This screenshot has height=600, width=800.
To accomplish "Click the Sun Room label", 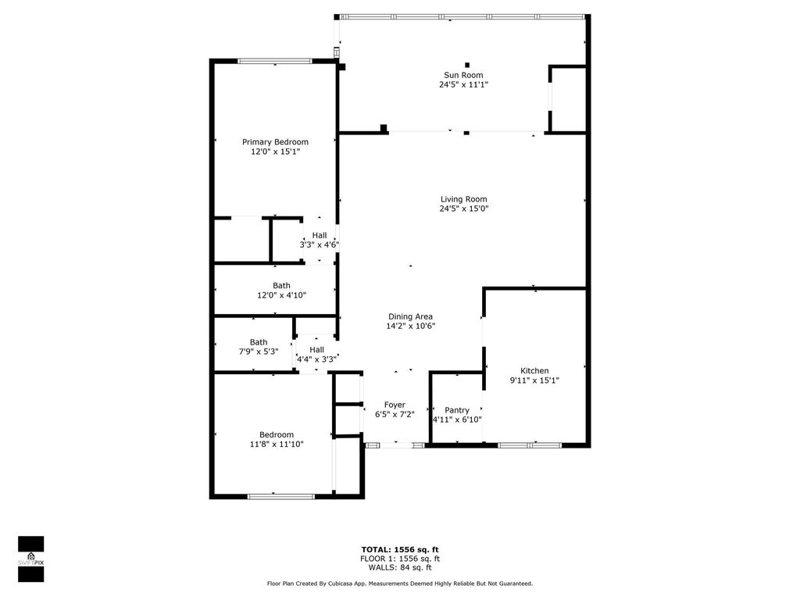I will [463, 75].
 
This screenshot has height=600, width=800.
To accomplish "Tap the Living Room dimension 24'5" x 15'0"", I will [463, 209].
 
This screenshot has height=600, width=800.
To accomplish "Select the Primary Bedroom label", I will [275, 142].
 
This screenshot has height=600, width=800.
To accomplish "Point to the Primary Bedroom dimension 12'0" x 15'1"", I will [275, 152].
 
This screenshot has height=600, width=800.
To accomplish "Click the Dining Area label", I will [410, 316].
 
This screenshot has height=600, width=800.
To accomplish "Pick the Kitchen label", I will [534, 370].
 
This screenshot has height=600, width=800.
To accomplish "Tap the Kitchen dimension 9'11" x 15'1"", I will [534, 380].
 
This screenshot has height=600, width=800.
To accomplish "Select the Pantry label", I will [457, 410].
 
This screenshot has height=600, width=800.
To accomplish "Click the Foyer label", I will [395, 405].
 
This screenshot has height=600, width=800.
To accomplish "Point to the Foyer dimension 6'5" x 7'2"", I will [395, 415].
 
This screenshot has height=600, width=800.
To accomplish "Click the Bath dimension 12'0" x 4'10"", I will [281, 295].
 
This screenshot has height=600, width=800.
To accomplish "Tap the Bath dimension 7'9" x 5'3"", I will [258, 352].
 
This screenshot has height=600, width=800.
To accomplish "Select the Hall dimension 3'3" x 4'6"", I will [319, 245].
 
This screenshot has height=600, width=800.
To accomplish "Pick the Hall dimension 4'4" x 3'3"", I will [316, 359].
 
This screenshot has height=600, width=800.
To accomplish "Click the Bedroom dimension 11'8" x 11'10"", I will [277, 444].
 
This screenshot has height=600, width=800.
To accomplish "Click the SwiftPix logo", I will [31, 559].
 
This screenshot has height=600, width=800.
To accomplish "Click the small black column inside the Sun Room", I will [467, 65].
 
